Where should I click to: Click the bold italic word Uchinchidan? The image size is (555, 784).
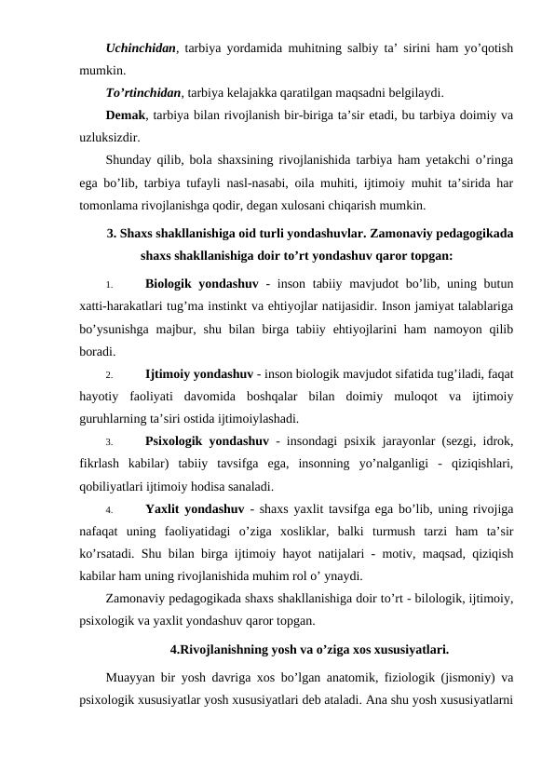[x=142, y=47]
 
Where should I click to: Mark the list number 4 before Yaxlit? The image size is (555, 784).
[x=109, y=510]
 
